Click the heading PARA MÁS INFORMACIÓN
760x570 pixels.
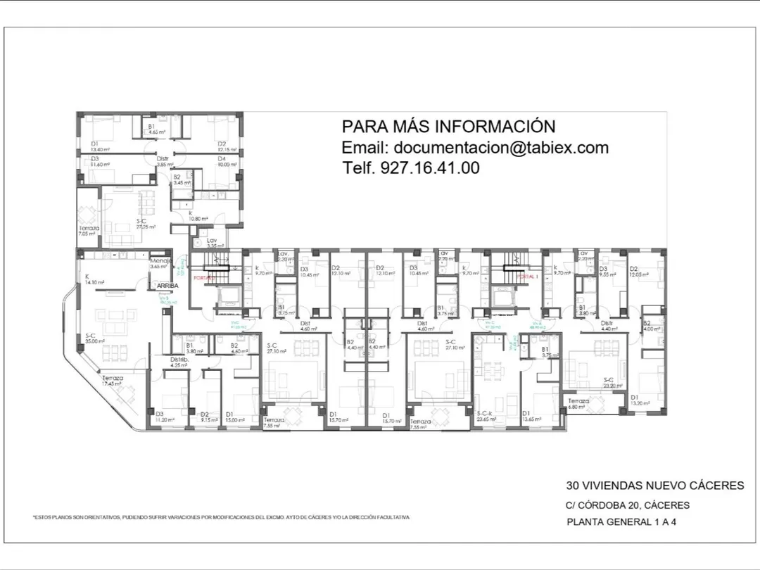point(448,127)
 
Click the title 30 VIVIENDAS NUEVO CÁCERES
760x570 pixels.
point(654,486)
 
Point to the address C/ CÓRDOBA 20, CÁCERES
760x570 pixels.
point(628,505)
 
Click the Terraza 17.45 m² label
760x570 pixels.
point(113,381)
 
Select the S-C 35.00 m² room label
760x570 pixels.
point(94,338)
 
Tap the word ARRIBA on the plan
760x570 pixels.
point(167,286)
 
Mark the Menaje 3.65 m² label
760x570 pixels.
point(160,264)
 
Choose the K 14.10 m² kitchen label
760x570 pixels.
point(94,279)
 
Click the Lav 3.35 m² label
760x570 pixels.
point(215,243)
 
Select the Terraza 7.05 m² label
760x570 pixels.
point(89,231)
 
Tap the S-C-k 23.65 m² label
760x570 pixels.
point(486,416)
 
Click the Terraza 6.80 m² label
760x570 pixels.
point(578,403)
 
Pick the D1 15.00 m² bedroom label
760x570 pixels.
point(235,417)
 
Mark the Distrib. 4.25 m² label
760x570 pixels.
point(179,362)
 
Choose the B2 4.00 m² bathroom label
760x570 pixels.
point(651,326)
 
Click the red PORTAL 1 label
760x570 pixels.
point(526,277)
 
